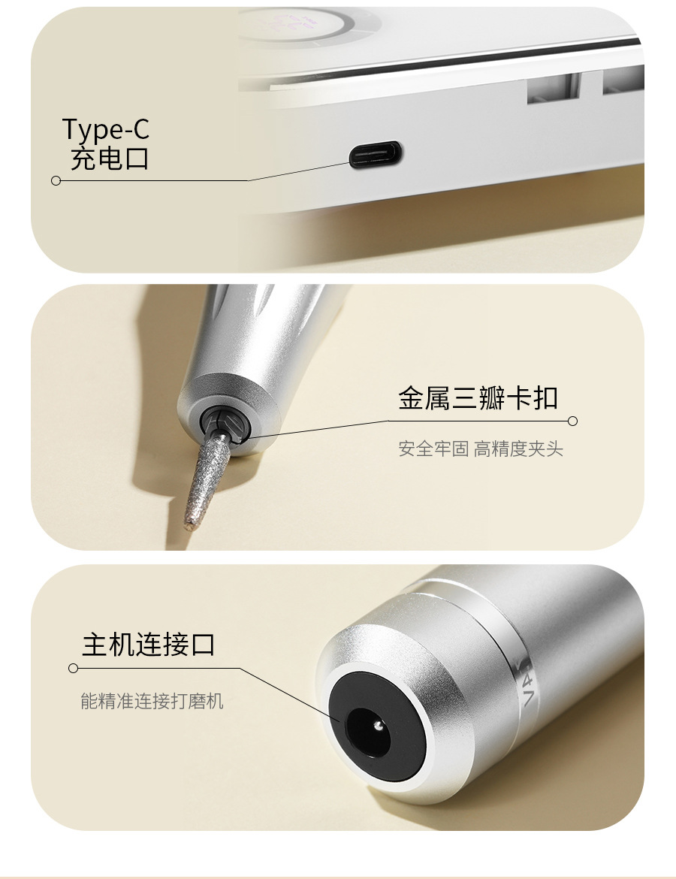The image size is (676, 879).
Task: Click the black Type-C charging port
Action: [x=376, y=153]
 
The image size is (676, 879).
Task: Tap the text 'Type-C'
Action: [x=105, y=129]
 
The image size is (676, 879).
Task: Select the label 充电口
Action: [x=110, y=158]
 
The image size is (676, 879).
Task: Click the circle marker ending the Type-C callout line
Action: [x=56, y=180]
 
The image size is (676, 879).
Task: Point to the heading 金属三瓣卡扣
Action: [x=478, y=397]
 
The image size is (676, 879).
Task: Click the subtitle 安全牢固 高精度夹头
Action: [x=481, y=449]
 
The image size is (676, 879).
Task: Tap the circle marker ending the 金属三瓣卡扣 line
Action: [x=572, y=421]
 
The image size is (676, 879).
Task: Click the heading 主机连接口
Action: [x=149, y=644]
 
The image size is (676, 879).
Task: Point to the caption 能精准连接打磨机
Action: [x=152, y=701]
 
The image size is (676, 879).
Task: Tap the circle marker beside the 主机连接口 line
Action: [x=73, y=668]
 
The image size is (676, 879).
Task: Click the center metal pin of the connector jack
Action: [x=379, y=726]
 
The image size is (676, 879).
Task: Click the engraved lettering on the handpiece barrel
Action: [x=528, y=686]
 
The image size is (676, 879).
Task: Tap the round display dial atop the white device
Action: [x=310, y=23]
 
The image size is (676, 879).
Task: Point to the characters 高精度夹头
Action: [x=518, y=449]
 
